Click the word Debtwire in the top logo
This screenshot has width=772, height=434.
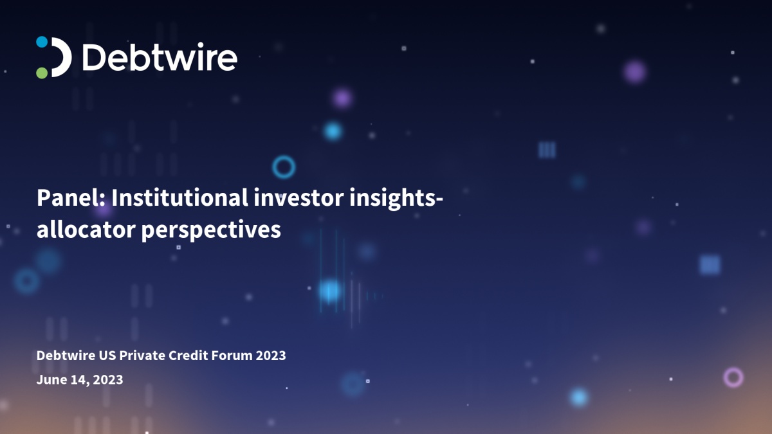160,57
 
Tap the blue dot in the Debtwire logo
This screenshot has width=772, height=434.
42,42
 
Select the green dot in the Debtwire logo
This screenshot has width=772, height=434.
42,73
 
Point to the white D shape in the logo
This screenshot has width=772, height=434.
61,57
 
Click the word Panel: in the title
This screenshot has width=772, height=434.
71,198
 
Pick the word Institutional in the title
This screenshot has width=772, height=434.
179,198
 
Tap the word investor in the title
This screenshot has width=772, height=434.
299,198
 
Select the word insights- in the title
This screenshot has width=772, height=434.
396,199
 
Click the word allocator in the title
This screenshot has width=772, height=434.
86,230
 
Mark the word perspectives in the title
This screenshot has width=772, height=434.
211,230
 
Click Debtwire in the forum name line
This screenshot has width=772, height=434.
66,355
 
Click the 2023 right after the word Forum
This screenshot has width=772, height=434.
271,355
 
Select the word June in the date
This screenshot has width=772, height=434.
51,379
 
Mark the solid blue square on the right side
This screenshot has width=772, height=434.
710,265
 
